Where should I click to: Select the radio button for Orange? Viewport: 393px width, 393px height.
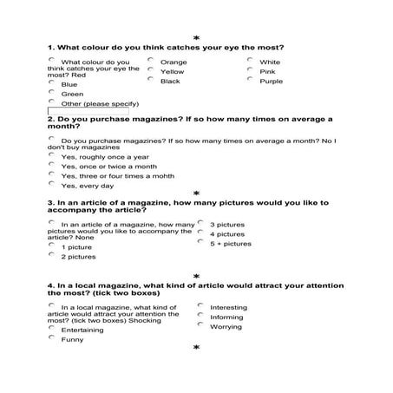click(151, 61)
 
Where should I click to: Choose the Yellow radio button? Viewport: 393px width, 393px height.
click(151, 70)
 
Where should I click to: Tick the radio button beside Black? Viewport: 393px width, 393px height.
click(151, 80)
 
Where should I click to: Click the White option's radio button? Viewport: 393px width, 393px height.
click(250, 61)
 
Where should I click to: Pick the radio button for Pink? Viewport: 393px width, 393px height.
click(250, 70)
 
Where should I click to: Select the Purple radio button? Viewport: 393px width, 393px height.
click(250, 80)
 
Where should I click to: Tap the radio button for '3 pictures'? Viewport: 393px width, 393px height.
click(200, 223)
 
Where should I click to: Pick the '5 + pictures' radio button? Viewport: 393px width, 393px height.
click(200, 242)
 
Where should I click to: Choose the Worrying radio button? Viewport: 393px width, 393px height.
click(200, 325)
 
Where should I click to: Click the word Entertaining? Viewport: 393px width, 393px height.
click(82, 330)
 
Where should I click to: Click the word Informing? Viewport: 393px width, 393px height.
click(226, 317)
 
